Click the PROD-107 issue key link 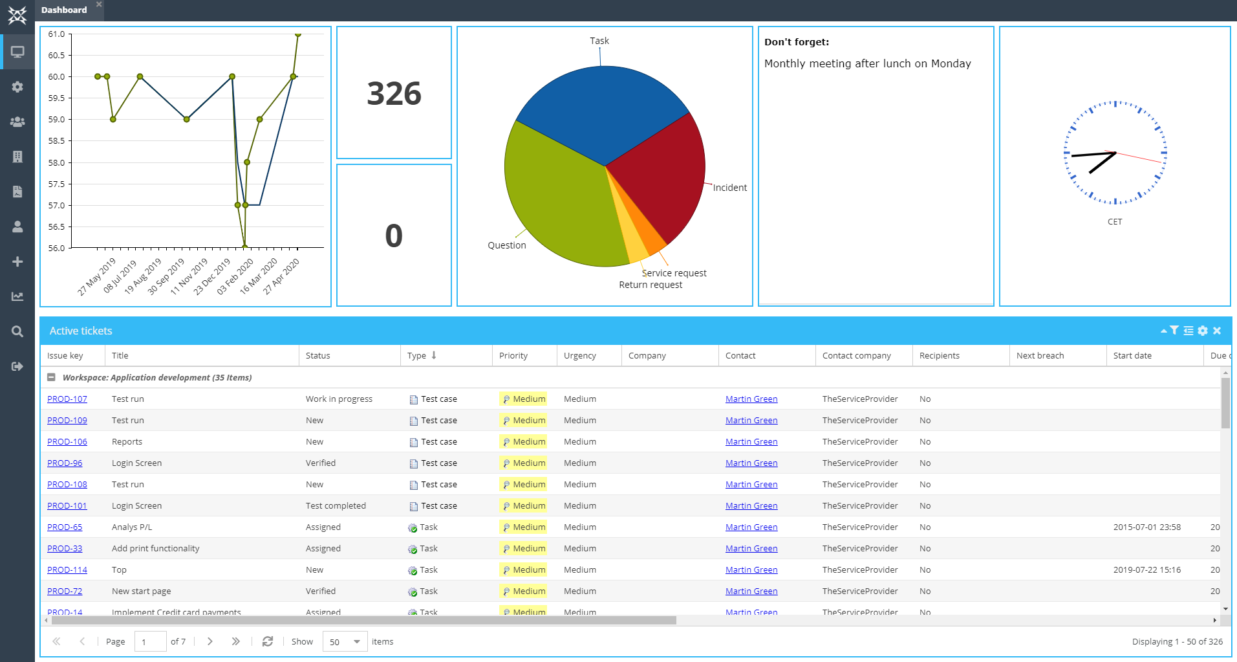[x=67, y=399]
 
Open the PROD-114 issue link [x=67, y=570]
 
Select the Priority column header [x=513, y=356]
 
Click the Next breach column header [x=1040, y=356]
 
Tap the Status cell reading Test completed [x=336, y=506]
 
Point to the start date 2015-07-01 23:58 [x=1146, y=527]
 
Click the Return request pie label [x=650, y=285]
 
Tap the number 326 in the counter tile [x=394, y=94]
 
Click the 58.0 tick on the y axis [x=56, y=163]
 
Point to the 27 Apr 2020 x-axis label [x=281, y=276]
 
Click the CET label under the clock [x=1114, y=222]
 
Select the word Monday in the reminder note [x=951, y=63]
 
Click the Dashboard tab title [x=64, y=10]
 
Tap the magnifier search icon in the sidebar [x=17, y=331]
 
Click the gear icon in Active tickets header [x=1202, y=331]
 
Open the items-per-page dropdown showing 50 [x=345, y=642]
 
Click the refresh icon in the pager [x=267, y=641]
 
